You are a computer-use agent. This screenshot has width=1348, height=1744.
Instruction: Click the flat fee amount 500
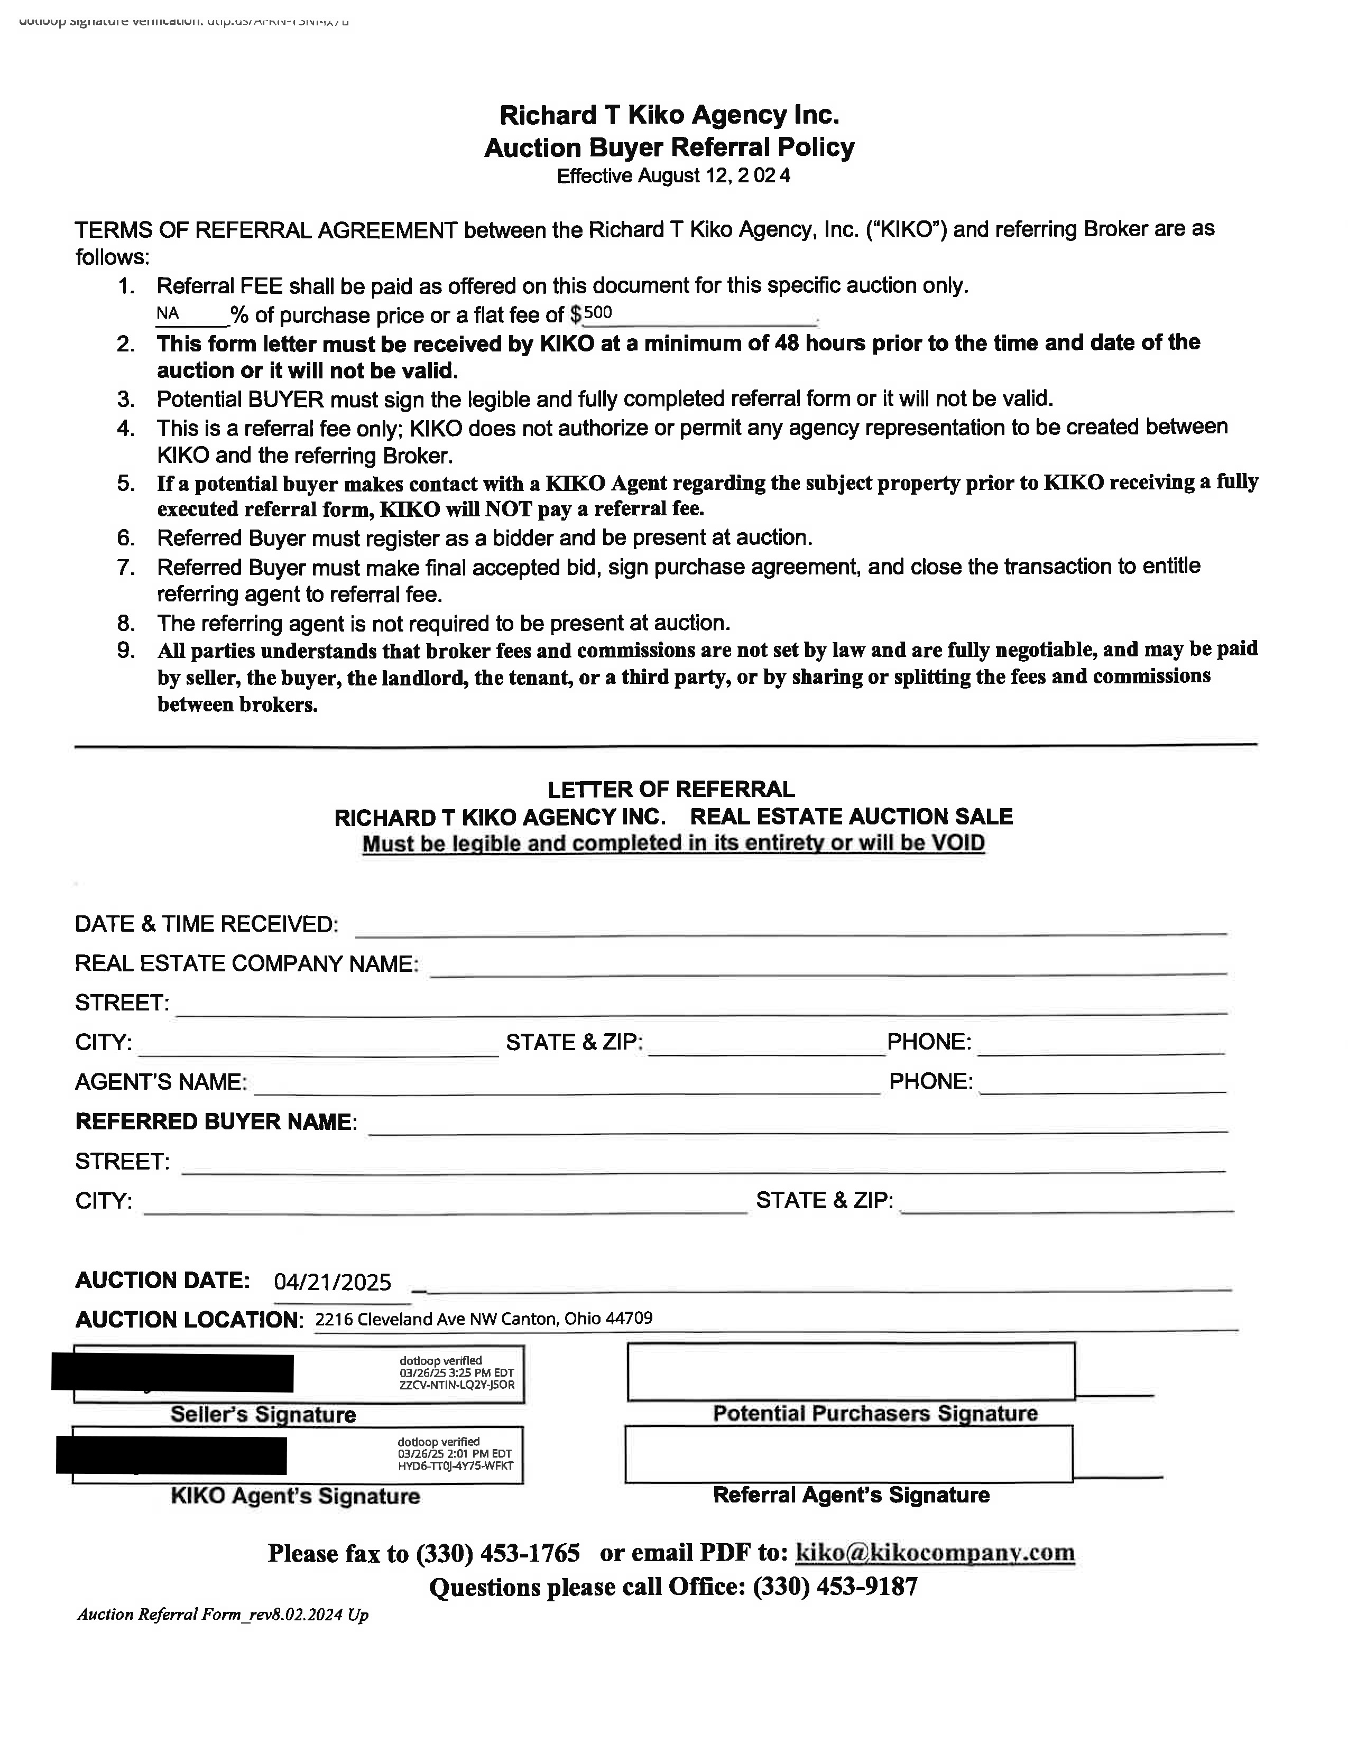[x=598, y=313]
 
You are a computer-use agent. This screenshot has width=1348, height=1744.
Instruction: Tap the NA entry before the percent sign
[x=168, y=314]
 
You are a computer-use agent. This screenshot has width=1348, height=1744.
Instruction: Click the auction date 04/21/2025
[x=332, y=1283]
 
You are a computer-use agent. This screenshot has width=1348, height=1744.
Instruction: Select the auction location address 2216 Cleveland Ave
[x=483, y=1319]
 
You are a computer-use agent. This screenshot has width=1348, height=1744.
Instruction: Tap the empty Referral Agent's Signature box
[x=848, y=1453]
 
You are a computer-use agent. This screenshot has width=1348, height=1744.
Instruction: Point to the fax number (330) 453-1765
[x=497, y=1553]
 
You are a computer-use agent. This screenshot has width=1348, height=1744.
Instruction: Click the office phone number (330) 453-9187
[x=835, y=1587]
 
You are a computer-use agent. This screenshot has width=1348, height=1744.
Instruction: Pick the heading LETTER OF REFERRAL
[x=671, y=790]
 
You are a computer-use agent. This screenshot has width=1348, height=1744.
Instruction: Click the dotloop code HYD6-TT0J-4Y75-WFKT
[x=455, y=1466]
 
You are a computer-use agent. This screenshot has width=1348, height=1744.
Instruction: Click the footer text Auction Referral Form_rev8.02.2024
[x=222, y=1615]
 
